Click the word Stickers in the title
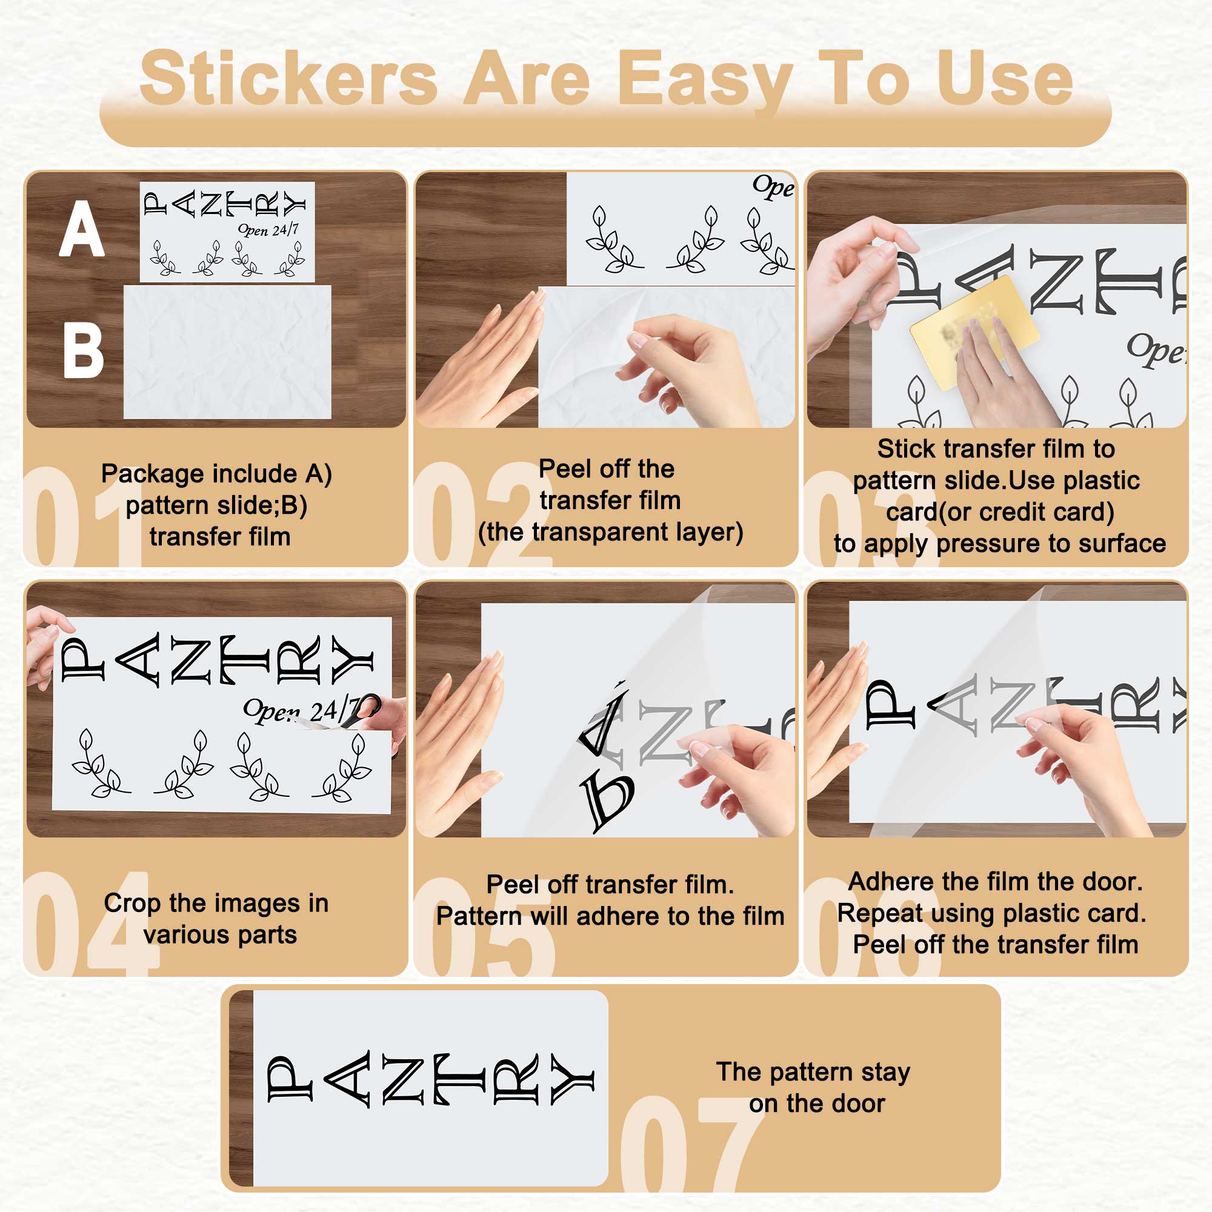click(x=288, y=78)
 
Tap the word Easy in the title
click(x=705, y=82)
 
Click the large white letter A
click(x=82, y=228)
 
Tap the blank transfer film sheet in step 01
click(x=227, y=351)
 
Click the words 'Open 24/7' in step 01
click(x=268, y=230)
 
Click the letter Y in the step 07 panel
click(x=572, y=1079)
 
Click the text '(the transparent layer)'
click(x=610, y=533)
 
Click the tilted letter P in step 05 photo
click(x=607, y=802)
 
